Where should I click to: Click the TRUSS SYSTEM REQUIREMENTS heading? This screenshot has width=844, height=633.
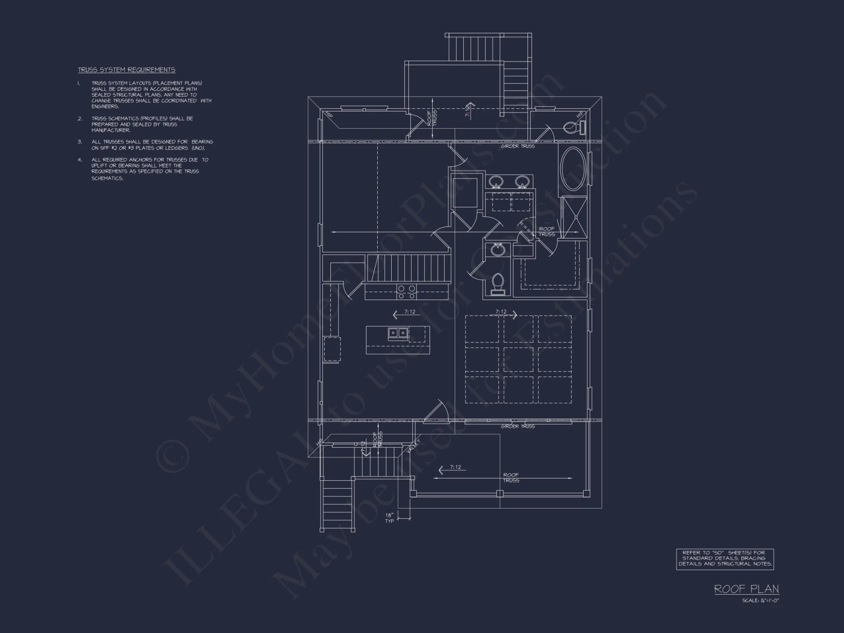(127, 70)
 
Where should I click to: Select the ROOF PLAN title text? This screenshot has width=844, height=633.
(746, 589)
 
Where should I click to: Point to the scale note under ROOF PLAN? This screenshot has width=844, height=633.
(760, 601)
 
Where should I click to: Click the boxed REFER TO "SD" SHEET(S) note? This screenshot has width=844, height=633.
(725, 559)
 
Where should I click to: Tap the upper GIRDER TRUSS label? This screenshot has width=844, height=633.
(518, 146)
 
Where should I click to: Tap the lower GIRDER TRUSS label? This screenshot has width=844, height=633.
(518, 427)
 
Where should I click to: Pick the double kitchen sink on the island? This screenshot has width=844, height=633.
(398, 333)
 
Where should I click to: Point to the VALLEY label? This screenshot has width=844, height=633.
(414, 446)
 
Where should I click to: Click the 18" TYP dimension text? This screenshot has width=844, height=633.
(389, 518)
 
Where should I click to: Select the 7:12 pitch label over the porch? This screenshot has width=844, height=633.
(455, 467)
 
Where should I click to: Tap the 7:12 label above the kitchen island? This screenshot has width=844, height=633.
(409, 312)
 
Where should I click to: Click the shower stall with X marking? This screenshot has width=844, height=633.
(575, 218)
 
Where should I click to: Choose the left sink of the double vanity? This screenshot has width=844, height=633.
(496, 182)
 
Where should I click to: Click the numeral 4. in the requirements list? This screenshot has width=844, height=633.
(80, 160)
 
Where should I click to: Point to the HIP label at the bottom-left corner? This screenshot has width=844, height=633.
(319, 442)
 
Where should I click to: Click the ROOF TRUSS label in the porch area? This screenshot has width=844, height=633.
(511, 478)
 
